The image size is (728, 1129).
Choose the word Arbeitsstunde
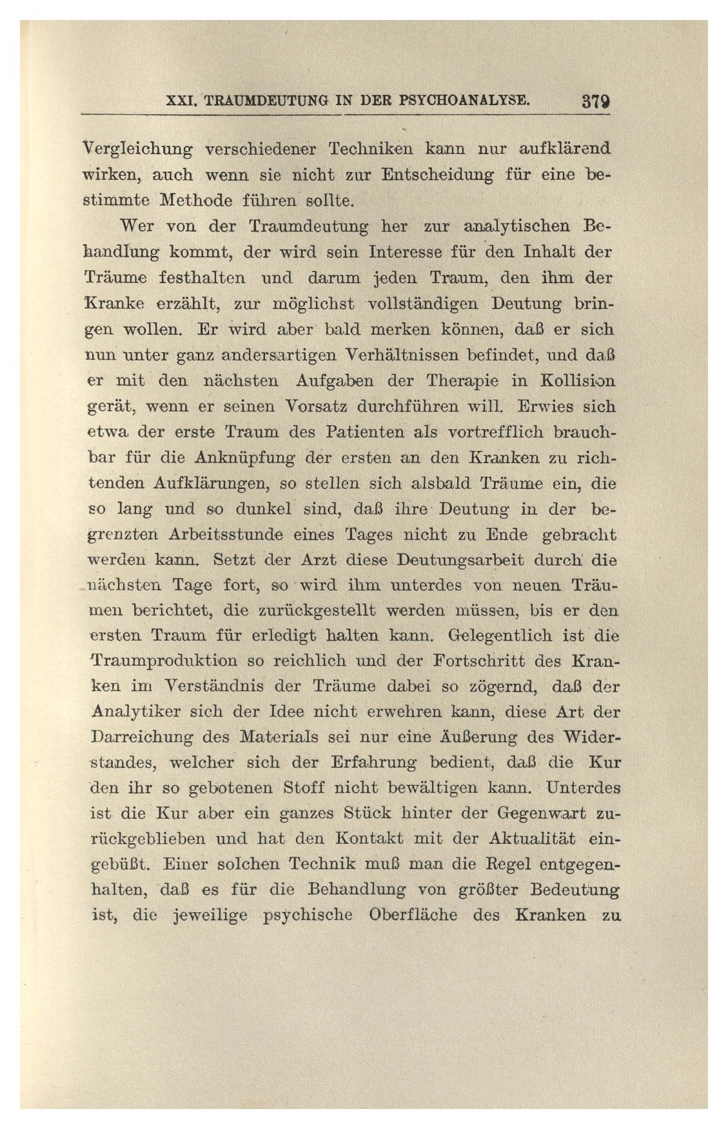[226, 535]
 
